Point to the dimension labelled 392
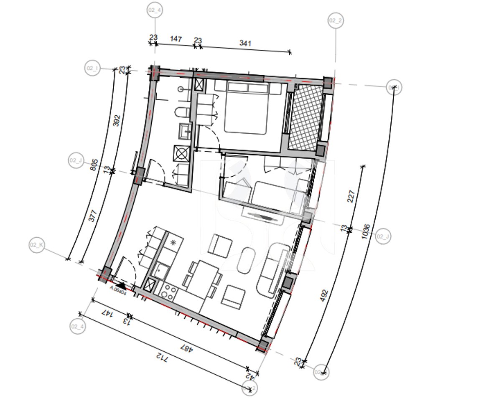point(117,120)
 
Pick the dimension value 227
point(351,196)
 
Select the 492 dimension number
point(323,296)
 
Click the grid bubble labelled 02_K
point(37,245)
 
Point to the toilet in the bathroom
point(182,113)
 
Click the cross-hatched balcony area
point(305,117)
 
